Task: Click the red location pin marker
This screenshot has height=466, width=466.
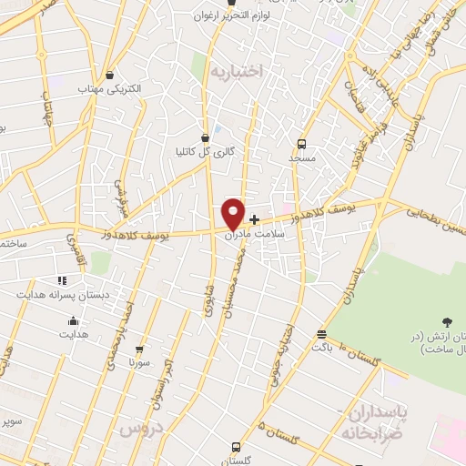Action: [234, 214]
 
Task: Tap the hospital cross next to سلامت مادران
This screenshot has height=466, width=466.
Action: [254, 219]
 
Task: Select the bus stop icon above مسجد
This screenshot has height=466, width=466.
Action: [301, 143]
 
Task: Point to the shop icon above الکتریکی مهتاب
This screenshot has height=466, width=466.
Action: [110, 75]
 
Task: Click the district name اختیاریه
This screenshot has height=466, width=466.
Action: [236, 69]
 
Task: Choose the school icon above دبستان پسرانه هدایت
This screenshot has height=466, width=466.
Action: [63, 280]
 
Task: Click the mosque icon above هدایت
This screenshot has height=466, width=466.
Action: [72, 320]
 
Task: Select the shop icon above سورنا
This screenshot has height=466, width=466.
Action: [139, 348]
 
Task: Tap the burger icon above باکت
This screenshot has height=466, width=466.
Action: [320, 334]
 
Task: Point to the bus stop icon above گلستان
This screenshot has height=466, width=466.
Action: [236, 447]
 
